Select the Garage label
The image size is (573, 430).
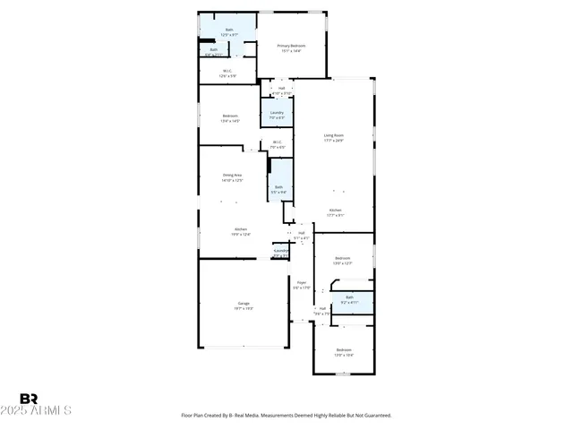pyautogui.click(x=244, y=305)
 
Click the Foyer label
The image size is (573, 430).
pyautogui.click(x=303, y=284)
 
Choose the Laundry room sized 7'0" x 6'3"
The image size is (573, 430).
pyautogui.click(x=277, y=115)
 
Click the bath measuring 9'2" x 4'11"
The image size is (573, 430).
pyautogui.click(x=349, y=299)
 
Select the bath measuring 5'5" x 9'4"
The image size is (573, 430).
pyautogui.click(x=279, y=189)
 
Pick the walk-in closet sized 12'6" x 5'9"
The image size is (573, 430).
pyautogui.click(x=228, y=73)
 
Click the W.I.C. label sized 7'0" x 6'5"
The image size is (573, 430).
pyautogui.click(x=277, y=144)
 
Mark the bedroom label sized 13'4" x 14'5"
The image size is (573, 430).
pyautogui.click(x=230, y=117)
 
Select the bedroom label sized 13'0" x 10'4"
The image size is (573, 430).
pyautogui.click(x=344, y=352)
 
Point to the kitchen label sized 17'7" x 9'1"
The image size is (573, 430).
pyautogui.click(x=335, y=212)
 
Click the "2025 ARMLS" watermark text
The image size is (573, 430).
pyautogui.click(x=45, y=410)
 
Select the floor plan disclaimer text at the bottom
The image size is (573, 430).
pyautogui.click(x=286, y=416)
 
